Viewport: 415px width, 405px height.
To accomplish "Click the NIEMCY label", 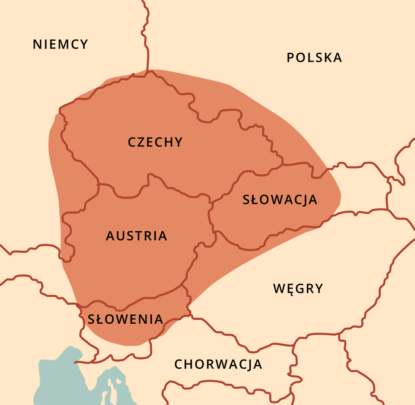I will pyautogui.click(x=61, y=44).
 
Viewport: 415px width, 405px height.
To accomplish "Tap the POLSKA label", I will pyautogui.click(x=314, y=57).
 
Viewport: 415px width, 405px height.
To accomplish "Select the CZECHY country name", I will pyautogui.click(x=155, y=142).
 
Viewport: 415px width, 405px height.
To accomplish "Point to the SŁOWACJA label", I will pyautogui.click(x=280, y=200).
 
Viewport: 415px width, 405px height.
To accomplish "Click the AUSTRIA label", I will pyautogui.click(x=136, y=236).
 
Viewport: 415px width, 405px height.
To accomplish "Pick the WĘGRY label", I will pyautogui.click(x=298, y=288).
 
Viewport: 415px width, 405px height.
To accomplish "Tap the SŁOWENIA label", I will pyautogui.click(x=125, y=319).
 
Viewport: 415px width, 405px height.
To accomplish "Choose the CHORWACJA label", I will pyautogui.click(x=218, y=364).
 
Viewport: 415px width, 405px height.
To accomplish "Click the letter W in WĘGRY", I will pyautogui.click(x=279, y=288).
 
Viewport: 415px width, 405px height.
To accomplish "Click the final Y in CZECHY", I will pyautogui.click(x=178, y=142).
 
